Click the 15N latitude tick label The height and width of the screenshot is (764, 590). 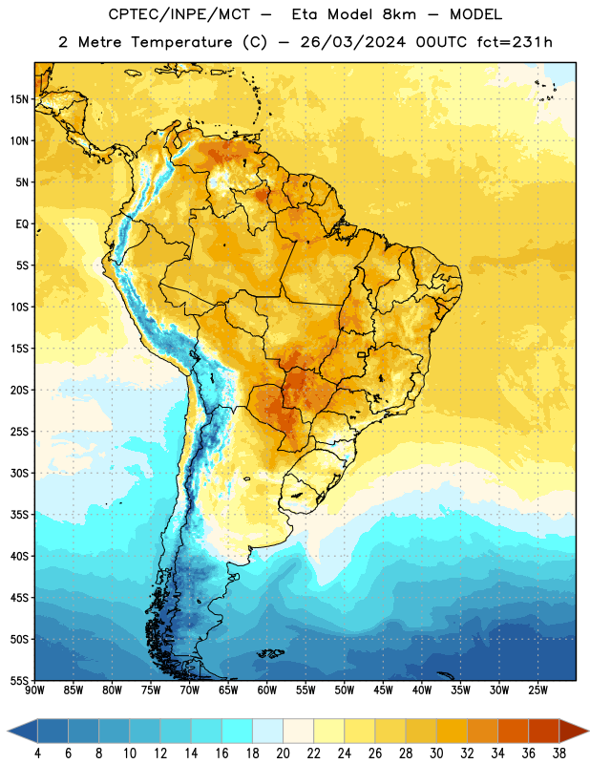19,99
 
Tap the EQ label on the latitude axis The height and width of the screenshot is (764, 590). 22,224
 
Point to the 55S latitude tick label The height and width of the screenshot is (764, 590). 19,680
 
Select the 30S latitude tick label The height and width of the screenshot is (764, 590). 19,473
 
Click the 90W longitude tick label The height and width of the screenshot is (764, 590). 34,690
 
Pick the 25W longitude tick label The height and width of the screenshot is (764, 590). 537,690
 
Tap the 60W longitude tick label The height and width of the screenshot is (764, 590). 267,690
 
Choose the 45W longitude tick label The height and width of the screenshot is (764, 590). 383,690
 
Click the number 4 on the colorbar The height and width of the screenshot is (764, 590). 37,753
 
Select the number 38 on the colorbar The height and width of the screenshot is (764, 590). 558,753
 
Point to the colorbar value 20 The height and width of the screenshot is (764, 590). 283,753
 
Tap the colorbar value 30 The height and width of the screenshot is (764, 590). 436,753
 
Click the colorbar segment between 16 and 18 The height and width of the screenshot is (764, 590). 238,731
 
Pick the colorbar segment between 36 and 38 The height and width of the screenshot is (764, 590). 544,731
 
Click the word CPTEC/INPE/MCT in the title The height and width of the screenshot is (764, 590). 179,14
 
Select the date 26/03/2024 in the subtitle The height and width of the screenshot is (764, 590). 352,42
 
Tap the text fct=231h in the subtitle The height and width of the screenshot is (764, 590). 515,42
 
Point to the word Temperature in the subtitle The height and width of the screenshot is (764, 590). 181,43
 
